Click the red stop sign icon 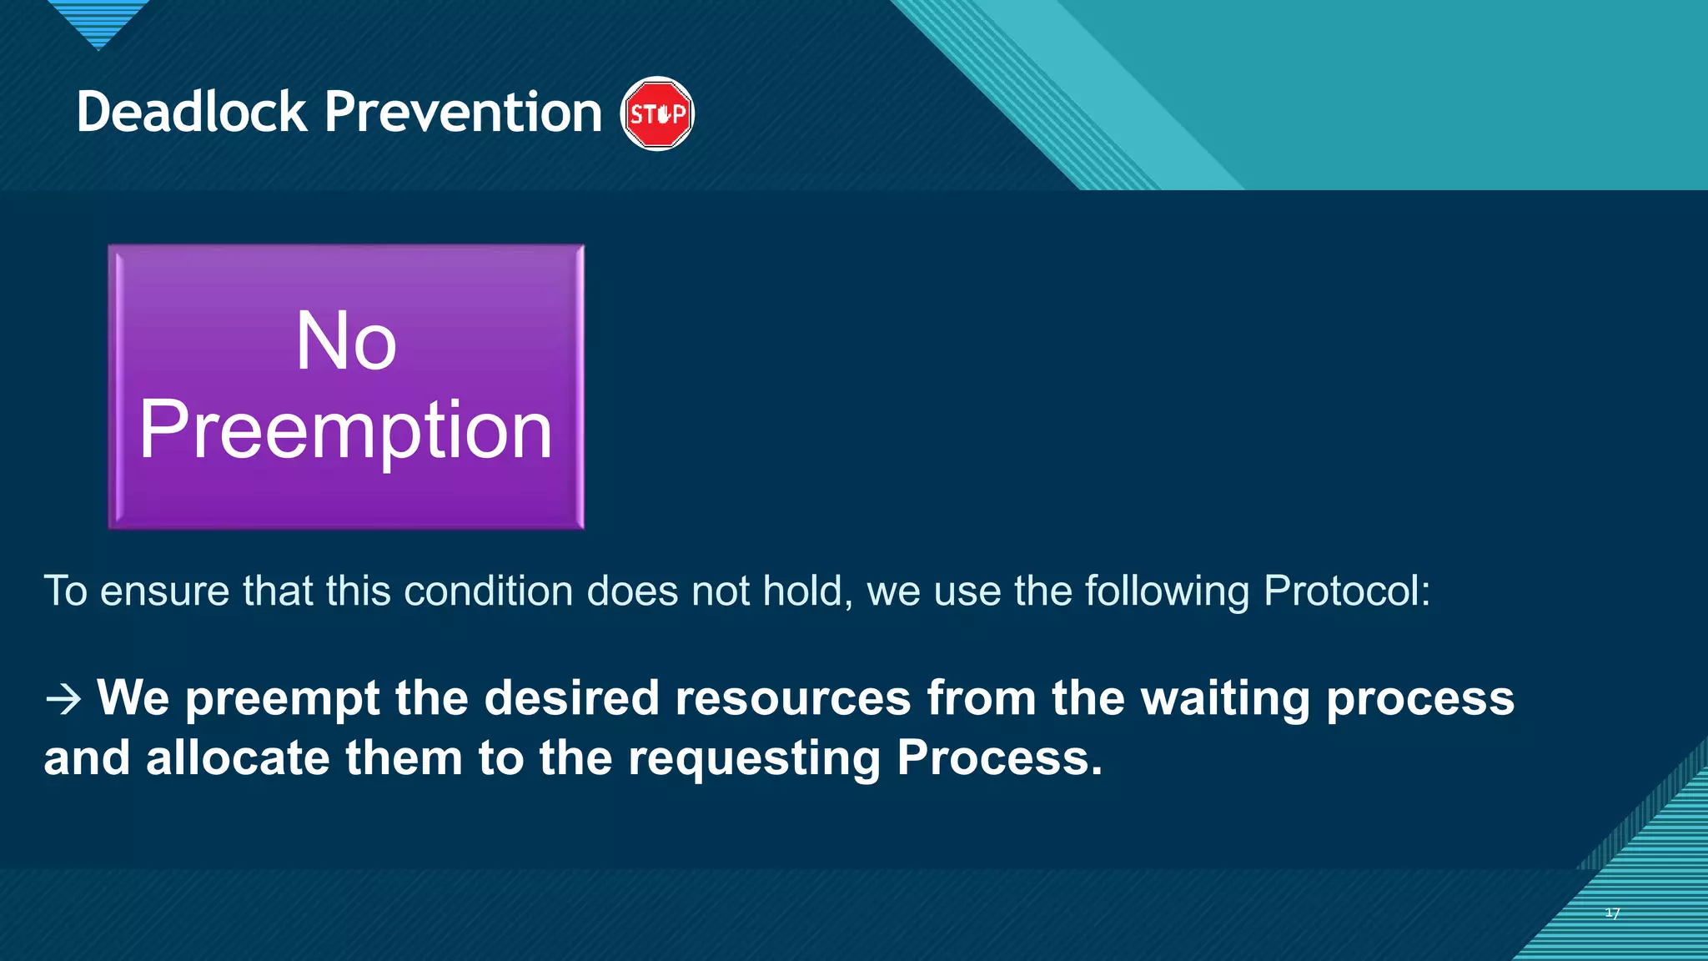[x=657, y=113]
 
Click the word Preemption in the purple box [x=346, y=430]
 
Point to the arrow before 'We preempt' [x=63, y=699]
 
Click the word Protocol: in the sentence [x=1347, y=591]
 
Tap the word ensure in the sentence [x=164, y=591]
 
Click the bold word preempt [x=283, y=698]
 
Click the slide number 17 [x=1612, y=913]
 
